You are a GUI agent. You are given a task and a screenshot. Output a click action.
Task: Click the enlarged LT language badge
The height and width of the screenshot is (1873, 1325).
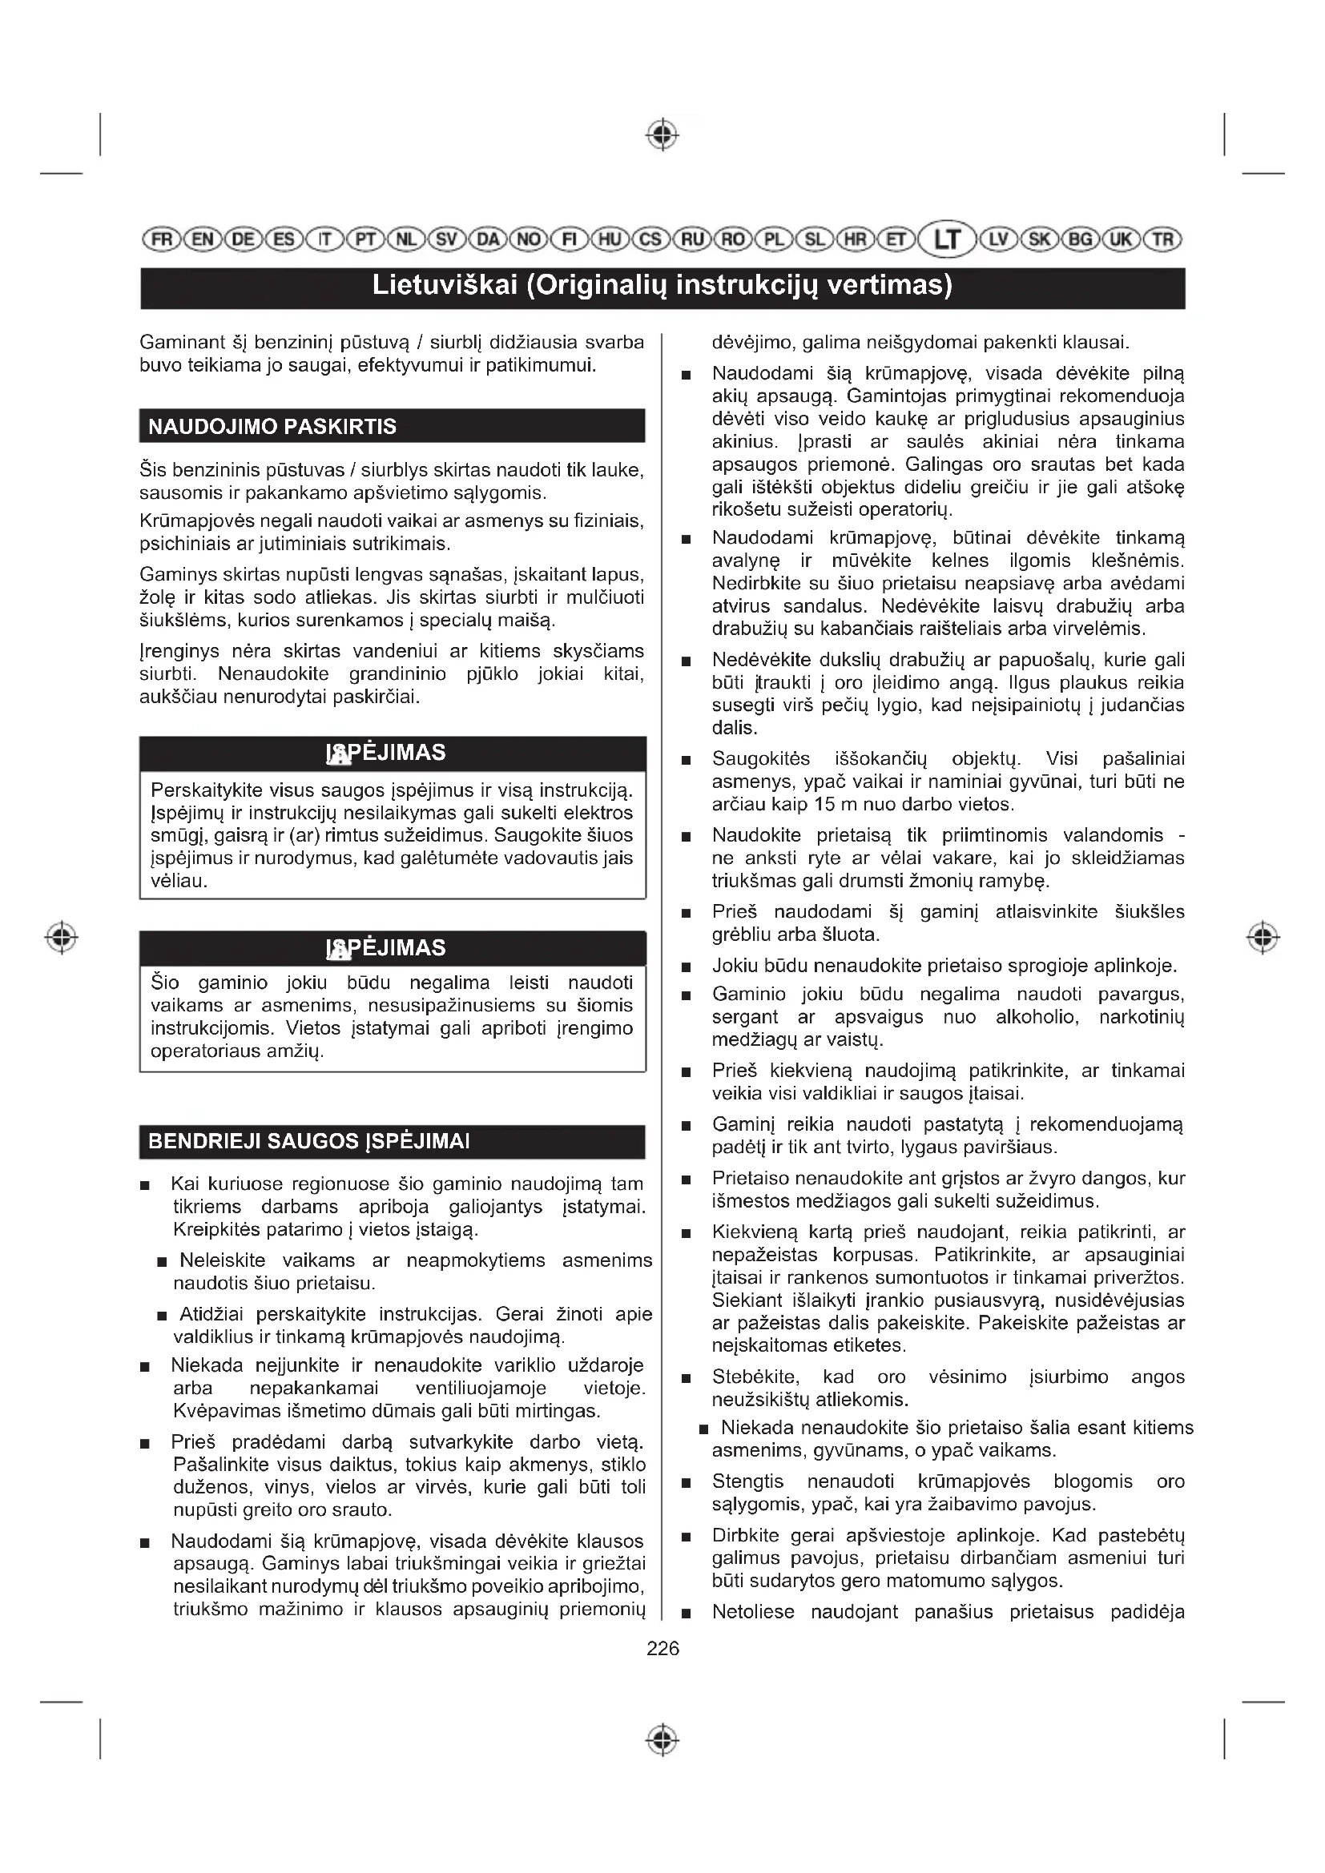(947, 240)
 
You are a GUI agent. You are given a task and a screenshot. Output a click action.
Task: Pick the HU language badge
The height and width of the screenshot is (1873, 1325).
(610, 240)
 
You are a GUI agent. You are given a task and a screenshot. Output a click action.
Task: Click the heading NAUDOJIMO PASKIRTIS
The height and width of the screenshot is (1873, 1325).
(272, 427)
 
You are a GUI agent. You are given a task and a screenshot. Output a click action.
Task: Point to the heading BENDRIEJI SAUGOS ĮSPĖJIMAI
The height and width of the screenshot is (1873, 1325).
(308, 1141)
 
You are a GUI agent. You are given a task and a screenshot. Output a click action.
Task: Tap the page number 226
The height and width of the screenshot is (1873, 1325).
(662, 1649)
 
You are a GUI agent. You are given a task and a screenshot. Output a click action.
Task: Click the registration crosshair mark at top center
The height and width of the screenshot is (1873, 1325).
(662, 135)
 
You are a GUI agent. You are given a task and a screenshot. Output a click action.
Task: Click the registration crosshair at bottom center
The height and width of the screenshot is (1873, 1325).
(662, 1741)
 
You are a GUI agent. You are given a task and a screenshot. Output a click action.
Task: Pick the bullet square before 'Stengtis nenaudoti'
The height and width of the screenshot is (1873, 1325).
(687, 1483)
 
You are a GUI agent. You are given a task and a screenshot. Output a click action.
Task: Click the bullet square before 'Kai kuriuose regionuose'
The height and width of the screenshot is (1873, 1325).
(145, 1185)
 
